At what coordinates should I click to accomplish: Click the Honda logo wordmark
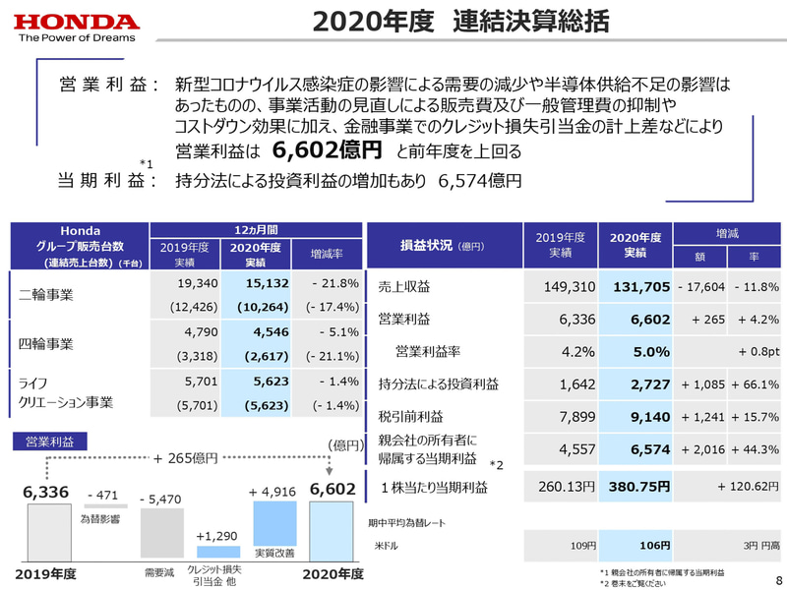point(77,21)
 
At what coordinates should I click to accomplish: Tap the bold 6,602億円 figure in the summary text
point(327,150)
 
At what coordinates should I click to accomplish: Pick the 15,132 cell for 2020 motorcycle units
point(255,284)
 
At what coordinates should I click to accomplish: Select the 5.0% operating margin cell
point(650,351)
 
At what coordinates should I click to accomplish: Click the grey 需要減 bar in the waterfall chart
point(161,536)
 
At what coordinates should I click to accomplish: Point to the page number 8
point(777,579)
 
